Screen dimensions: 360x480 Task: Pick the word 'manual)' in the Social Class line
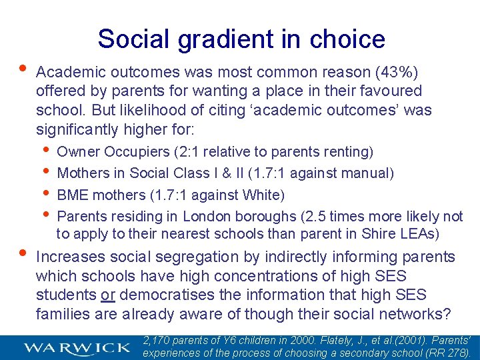pos(370,173)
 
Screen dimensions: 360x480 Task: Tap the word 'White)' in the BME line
pos(264,195)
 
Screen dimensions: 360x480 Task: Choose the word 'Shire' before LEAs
pos(378,233)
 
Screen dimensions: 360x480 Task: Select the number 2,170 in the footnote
pos(157,341)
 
